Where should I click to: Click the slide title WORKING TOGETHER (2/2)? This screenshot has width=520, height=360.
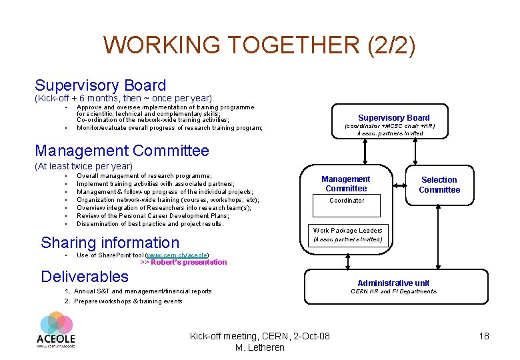259,45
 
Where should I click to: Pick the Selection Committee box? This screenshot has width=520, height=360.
439,185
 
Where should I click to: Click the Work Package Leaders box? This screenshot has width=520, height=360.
347,234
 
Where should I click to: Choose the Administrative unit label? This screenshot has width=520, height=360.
393,283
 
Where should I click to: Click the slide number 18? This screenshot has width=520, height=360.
484,336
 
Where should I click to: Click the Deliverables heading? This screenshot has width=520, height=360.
85,276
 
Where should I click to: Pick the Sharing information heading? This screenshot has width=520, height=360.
110,243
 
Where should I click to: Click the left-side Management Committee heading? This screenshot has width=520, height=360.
122,151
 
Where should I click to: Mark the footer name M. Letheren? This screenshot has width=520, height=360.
260,347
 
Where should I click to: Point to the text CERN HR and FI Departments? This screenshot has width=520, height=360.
393,291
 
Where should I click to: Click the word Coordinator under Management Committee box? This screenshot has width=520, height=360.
347,200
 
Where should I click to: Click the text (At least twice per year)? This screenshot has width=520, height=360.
83,166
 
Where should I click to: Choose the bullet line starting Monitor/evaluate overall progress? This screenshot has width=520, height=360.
169,127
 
